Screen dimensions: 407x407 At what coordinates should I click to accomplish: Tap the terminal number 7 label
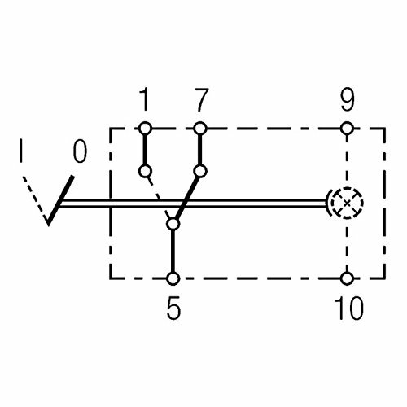(x=201, y=99)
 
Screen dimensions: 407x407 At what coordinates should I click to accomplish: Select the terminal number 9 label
(x=348, y=99)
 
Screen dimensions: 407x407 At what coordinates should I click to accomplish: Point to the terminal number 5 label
(x=173, y=308)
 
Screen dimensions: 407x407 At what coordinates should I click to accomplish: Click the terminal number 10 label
(x=349, y=308)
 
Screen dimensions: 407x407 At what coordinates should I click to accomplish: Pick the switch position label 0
(x=80, y=151)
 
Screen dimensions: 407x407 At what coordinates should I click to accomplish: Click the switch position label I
(x=21, y=151)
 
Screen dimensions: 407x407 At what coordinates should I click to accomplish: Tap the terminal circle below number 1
(x=145, y=129)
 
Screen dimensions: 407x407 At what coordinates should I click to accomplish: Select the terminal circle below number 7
(x=200, y=129)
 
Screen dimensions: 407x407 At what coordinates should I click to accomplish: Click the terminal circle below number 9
(x=347, y=129)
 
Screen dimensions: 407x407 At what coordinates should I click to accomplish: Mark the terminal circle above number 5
(x=173, y=278)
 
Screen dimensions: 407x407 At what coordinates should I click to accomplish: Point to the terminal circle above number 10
(x=347, y=278)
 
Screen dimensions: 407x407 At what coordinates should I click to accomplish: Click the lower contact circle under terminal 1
(x=145, y=171)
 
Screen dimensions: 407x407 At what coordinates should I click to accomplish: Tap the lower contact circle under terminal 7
(x=200, y=171)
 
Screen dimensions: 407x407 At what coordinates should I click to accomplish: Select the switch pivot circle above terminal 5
(x=173, y=225)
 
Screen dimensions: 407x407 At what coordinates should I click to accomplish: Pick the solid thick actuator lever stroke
(x=60, y=200)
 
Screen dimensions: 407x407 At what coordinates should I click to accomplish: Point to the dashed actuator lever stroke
(x=34, y=198)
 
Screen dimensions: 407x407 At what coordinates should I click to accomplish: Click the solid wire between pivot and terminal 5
(x=173, y=252)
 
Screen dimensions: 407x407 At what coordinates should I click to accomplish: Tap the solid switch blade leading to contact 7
(x=186, y=199)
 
